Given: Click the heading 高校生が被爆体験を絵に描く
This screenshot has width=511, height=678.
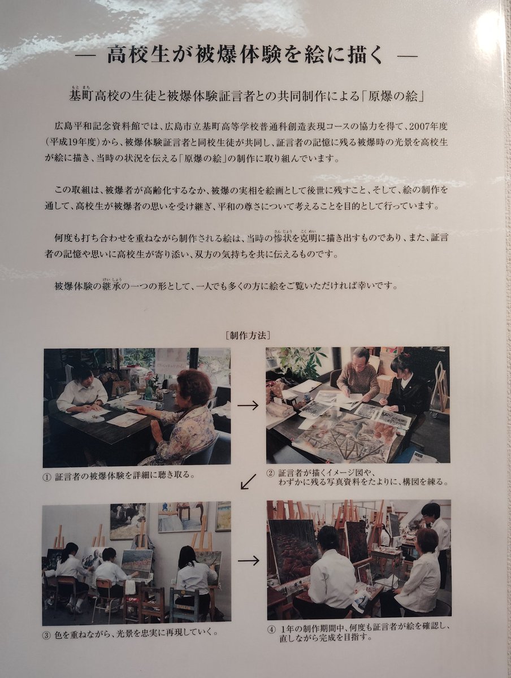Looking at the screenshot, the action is coord(246,55).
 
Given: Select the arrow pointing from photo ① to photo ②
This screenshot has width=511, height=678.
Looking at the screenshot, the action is coord(248,406).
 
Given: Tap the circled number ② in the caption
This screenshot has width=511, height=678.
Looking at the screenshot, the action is coord(271,473).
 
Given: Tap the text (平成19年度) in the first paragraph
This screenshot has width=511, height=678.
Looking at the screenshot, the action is coord(76,143).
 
